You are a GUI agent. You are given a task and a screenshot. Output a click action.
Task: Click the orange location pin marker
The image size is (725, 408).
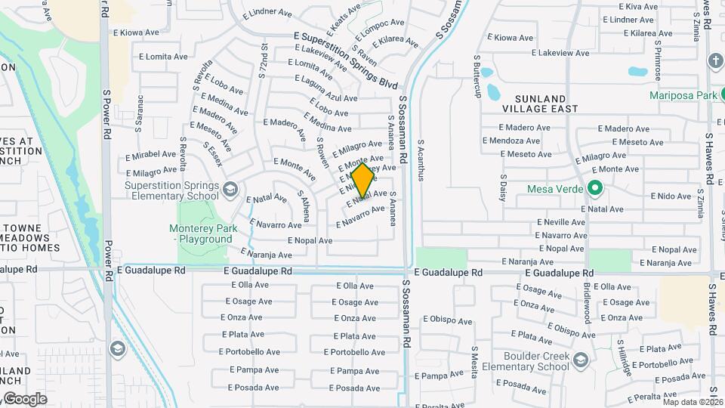click(x=363, y=181)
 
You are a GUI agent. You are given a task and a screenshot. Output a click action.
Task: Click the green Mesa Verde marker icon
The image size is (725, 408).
click(x=594, y=188)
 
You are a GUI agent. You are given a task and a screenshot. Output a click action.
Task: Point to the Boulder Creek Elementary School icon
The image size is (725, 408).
click(x=581, y=358)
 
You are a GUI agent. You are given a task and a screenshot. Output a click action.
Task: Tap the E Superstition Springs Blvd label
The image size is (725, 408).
click(x=346, y=60)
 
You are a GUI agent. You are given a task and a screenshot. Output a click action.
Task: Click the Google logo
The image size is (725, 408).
click(x=24, y=398)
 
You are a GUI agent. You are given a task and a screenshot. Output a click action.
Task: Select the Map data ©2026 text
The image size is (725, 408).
click(x=693, y=402)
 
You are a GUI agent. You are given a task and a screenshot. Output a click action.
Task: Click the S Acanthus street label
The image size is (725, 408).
click(x=421, y=159)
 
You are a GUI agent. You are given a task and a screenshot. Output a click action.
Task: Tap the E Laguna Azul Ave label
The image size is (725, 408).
click(x=325, y=97)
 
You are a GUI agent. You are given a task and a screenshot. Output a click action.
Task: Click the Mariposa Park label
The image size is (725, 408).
click(x=683, y=96)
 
